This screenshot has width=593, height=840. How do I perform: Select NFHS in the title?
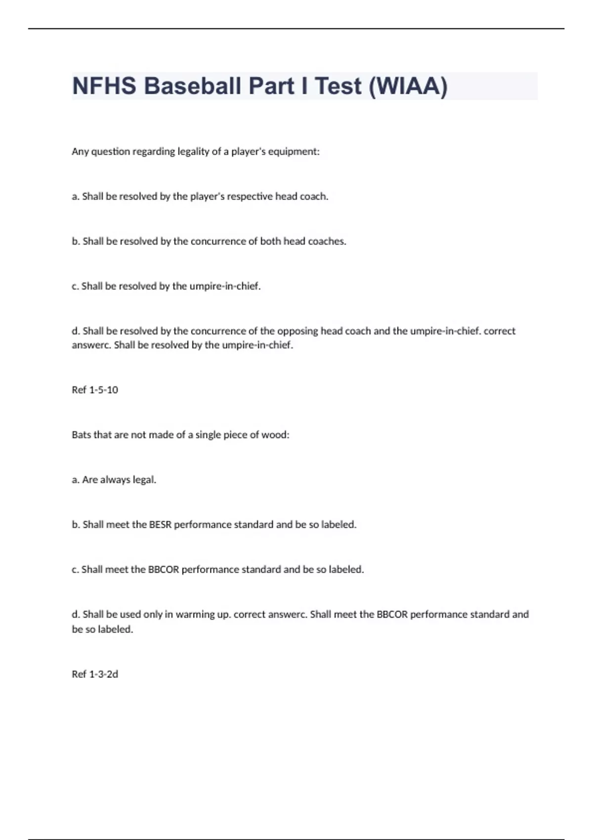[x=104, y=86]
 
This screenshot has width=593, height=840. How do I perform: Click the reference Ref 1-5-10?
[x=95, y=390]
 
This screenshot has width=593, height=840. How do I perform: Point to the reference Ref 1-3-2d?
[x=95, y=674]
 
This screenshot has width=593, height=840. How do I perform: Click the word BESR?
[x=160, y=524]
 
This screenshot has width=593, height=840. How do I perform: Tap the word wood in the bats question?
[x=277, y=435]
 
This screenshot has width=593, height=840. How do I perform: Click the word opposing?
[x=297, y=331]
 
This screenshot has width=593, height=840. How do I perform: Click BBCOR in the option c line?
[x=164, y=569]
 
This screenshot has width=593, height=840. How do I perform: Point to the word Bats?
[x=82, y=435]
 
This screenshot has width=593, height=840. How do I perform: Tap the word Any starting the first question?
[x=80, y=152]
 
